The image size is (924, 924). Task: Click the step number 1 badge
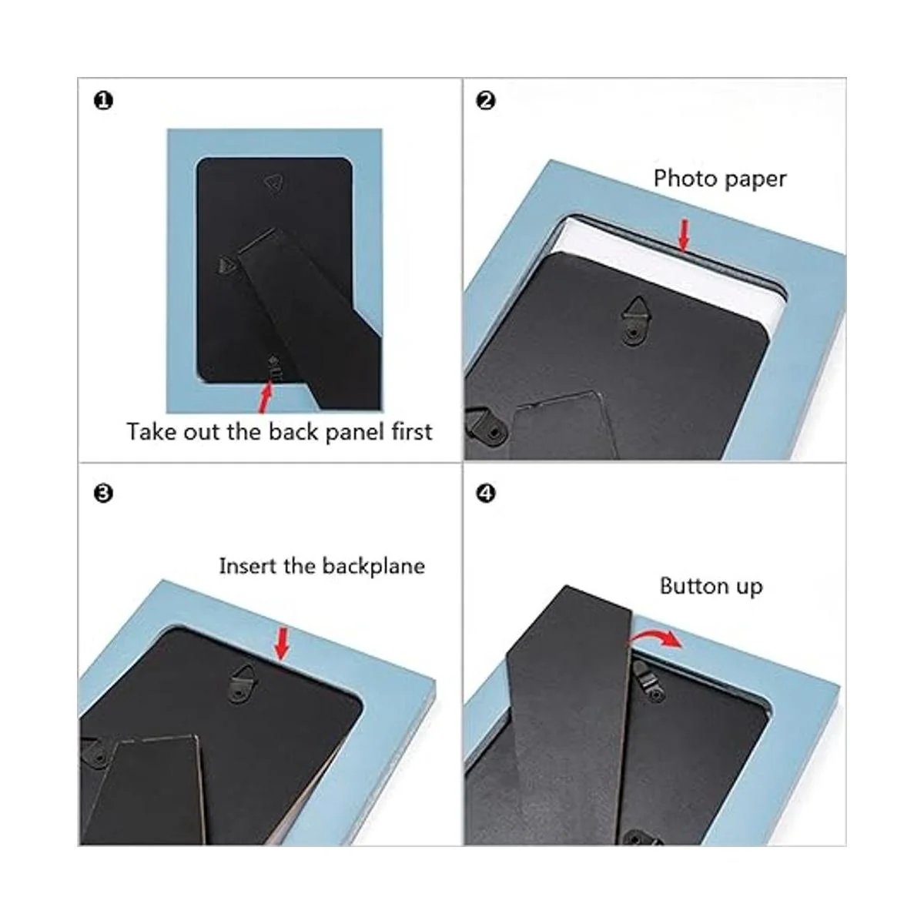pyautogui.click(x=103, y=101)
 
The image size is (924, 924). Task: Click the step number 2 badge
pyautogui.click(x=486, y=101)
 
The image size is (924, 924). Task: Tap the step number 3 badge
pyautogui.click(x=103, y=494)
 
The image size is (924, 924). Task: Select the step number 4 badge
pyautogui.click(x=486, y=494)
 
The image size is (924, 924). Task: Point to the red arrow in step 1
pyautogui.click(x=265, y=396)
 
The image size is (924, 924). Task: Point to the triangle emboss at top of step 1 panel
pyautogui.click(x=274, y=184)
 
